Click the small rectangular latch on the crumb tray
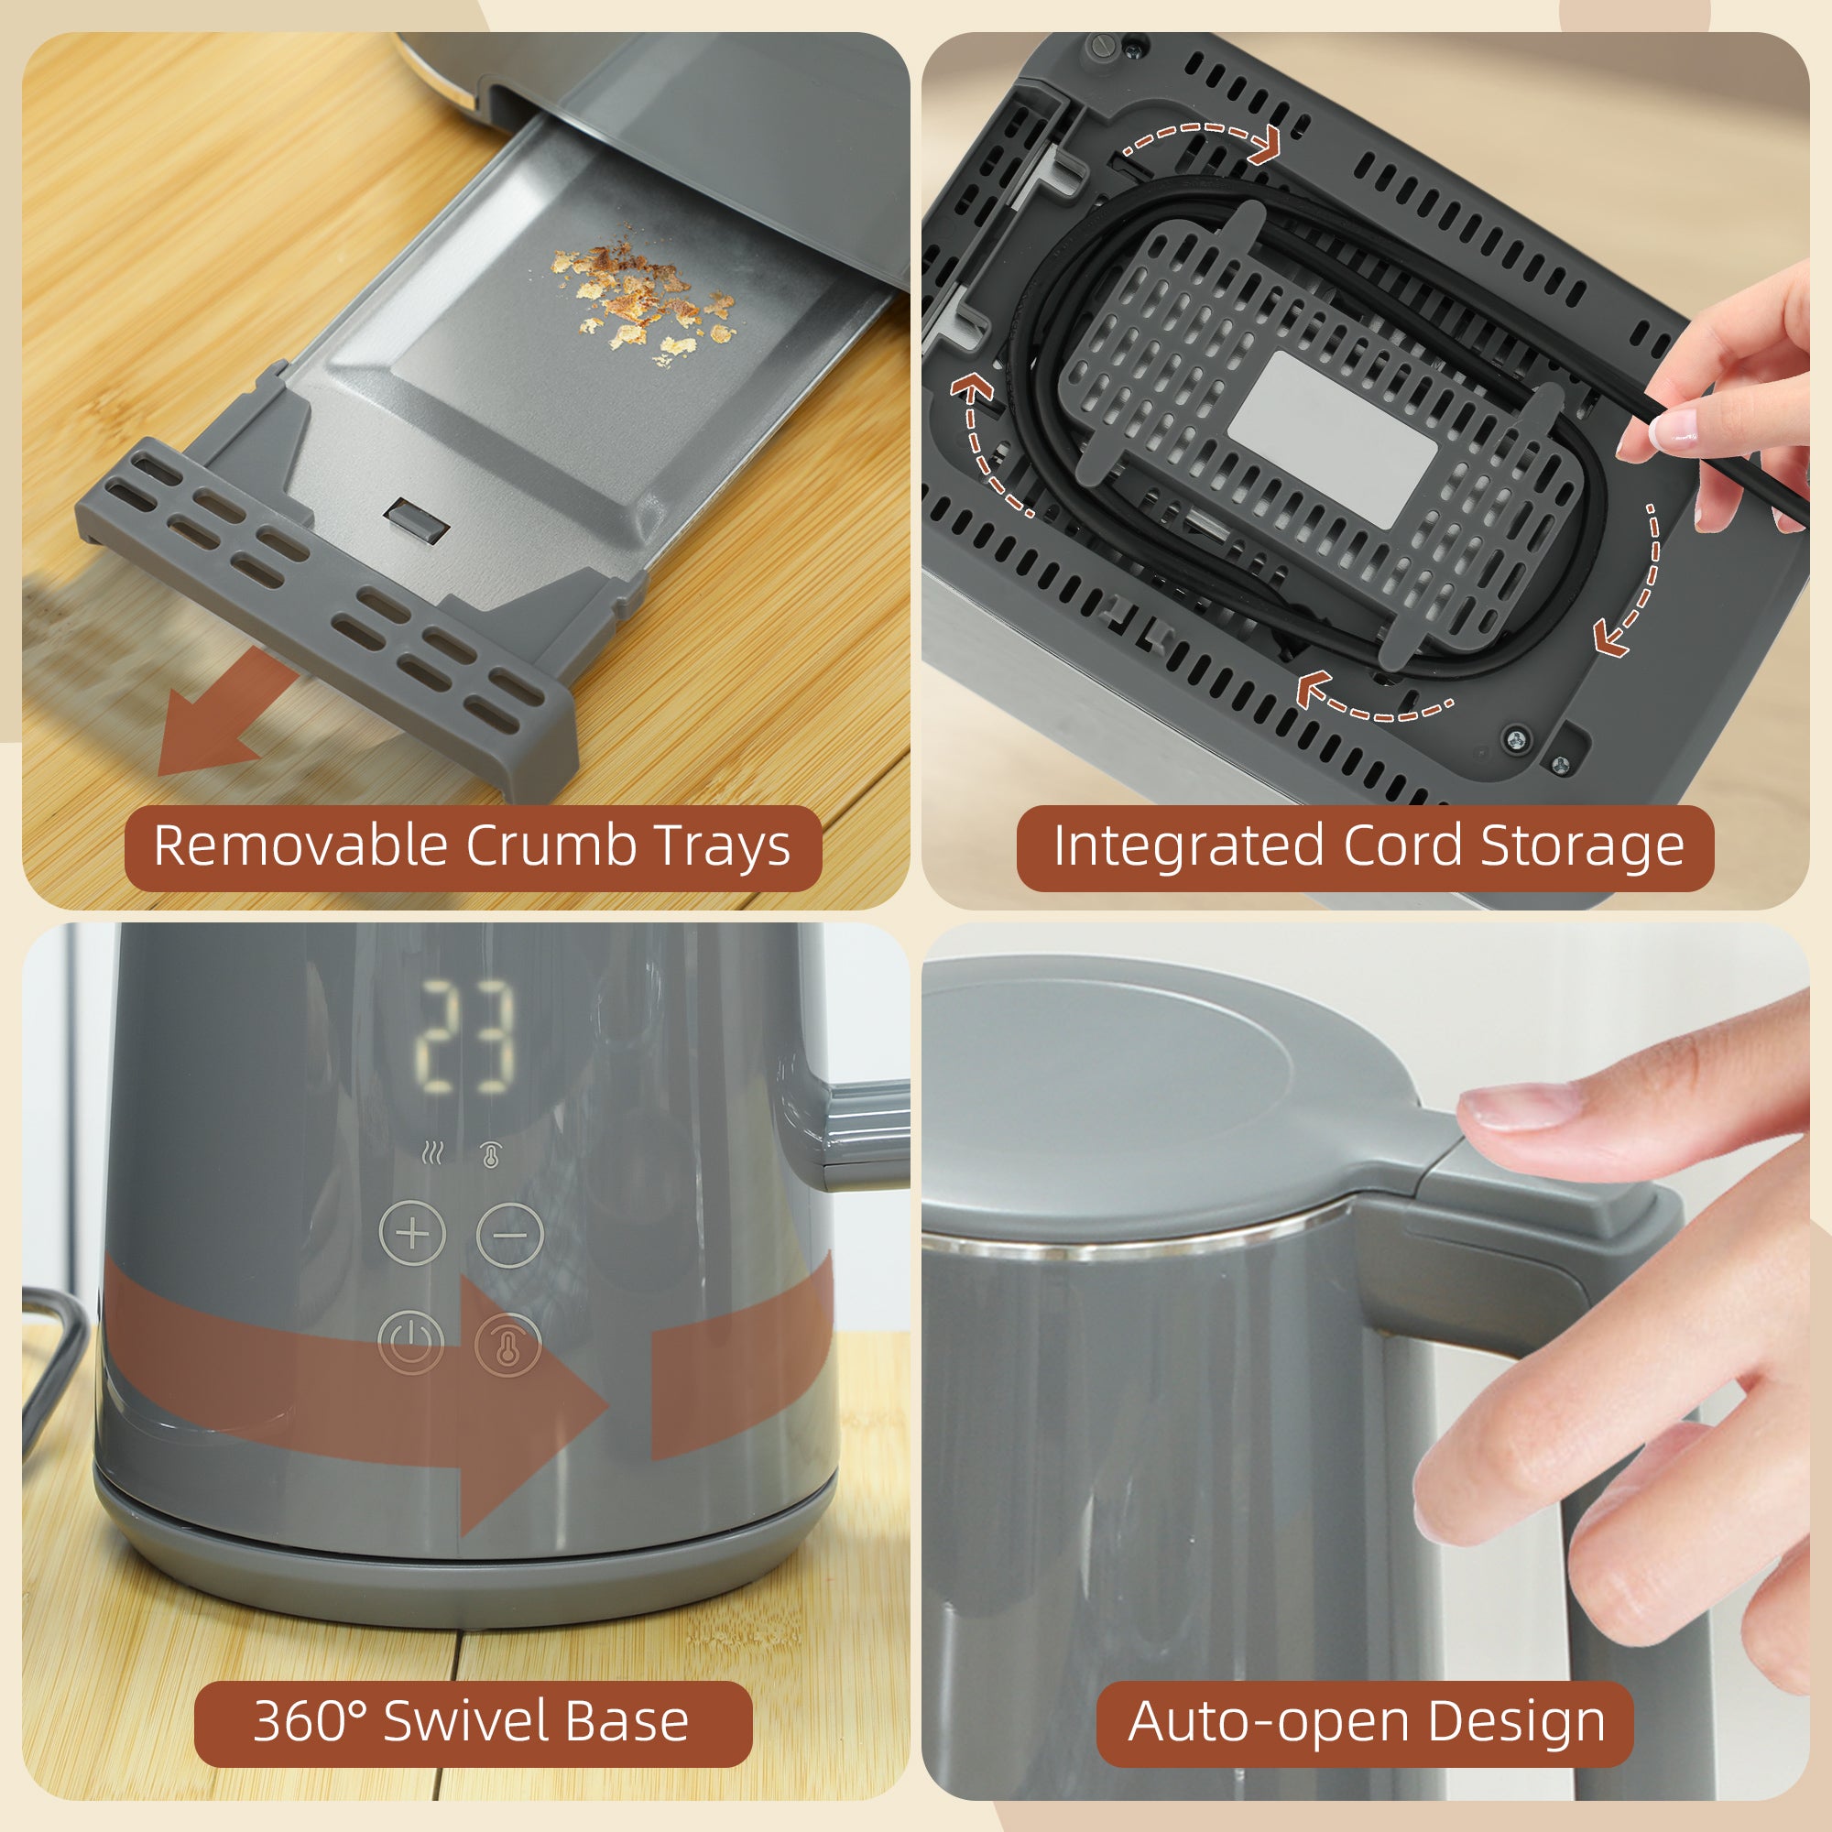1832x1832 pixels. [417, 520]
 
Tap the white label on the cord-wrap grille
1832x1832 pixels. [1332, 438]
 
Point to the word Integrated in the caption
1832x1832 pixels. [1188, 846]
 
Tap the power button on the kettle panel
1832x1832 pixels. [410, 1343]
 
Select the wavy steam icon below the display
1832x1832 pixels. [432, 1154]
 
